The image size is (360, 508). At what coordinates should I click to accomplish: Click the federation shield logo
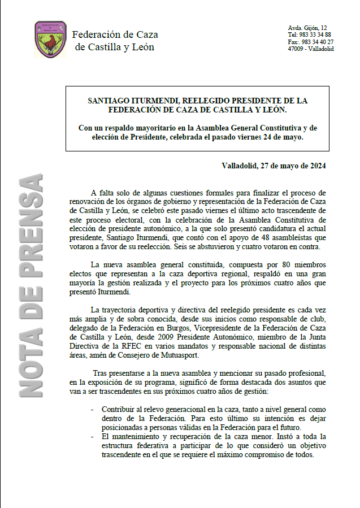point(50,40)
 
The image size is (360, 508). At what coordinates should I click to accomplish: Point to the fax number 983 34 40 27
point(318,42)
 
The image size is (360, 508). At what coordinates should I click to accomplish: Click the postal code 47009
point(296,49)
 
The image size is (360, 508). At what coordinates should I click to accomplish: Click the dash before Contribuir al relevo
point(93,409)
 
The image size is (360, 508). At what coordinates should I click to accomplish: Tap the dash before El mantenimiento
point(93,436)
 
